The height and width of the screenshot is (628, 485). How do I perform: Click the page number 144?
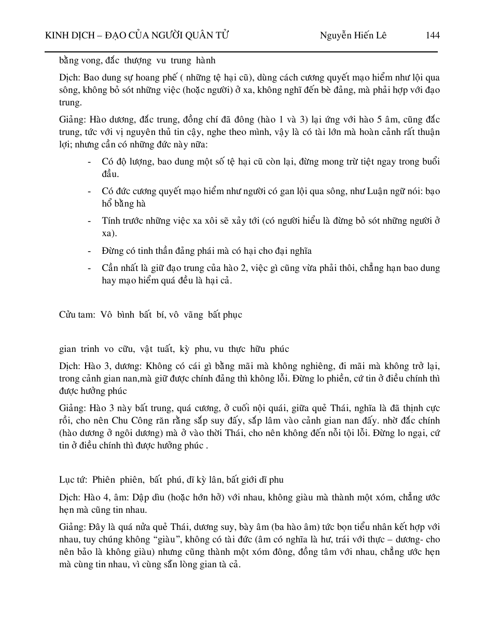pyautogui.click(x=432, y=36)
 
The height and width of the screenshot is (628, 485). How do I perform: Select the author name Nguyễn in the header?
pyautogui.click(x=337, y=36)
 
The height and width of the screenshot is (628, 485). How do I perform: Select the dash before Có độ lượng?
pyautogui.click(x=90, y=161)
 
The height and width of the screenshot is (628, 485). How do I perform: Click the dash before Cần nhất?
pyautogui.click(x=90, y=268)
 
